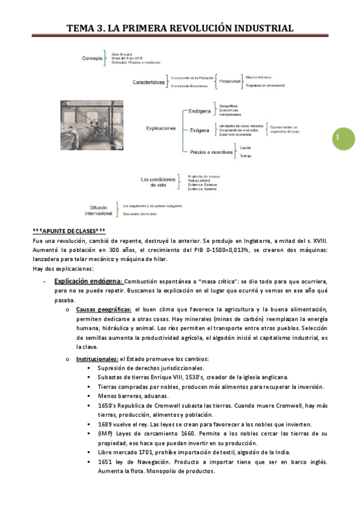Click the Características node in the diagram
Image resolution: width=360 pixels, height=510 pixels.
[x=148, y=83]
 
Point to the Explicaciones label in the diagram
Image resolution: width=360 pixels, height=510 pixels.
[x=161, y=128]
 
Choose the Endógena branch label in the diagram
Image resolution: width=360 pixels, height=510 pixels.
[x=199, y=111]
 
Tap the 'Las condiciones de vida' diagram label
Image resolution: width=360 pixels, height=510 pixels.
[x=159, y=182]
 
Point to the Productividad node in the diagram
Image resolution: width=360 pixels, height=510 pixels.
[x=230, y=81]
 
